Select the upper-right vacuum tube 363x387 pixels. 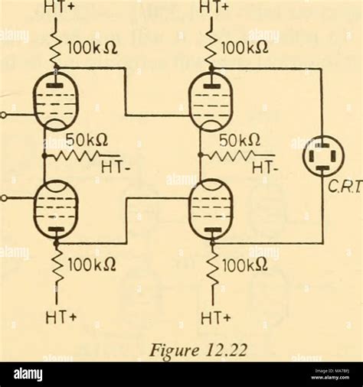tap(211, 103)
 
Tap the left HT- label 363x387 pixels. tap(113, 166)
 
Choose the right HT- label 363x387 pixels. tap(266, 166)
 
